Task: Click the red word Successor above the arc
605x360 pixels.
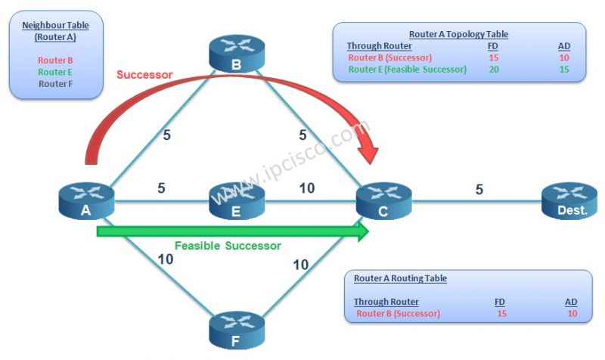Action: (x=144, y=75)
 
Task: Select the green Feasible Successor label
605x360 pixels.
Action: (x=228, y=246)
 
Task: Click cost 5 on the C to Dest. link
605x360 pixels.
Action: (x=479, y=189)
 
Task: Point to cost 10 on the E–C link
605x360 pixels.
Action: (x=307, y=188)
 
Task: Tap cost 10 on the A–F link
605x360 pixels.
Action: (x=165, y=259)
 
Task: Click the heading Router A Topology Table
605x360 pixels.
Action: (x=458, y=34)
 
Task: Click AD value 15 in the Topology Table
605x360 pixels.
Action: (x=563, y=69)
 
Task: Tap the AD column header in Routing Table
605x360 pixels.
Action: (x=570, y=302)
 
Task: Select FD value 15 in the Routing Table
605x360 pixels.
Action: (x=502, y=313)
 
